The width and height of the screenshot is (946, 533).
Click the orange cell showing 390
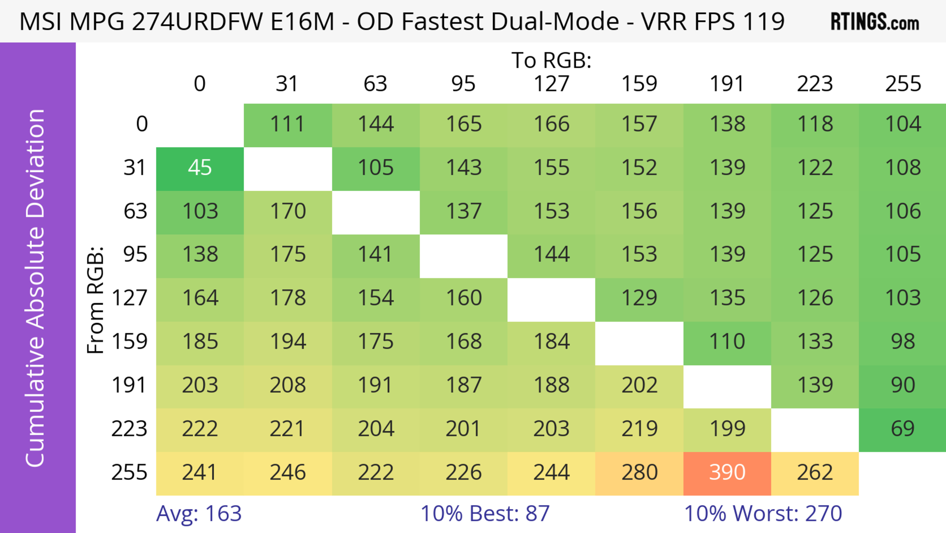727,473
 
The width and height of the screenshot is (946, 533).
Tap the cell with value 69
903,429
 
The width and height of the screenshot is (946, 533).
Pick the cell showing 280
639,473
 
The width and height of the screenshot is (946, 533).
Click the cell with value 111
287,124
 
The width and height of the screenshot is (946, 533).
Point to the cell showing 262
815,473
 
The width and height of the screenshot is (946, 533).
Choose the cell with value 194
287,342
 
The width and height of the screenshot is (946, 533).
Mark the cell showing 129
639,298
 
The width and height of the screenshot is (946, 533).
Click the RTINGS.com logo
875,22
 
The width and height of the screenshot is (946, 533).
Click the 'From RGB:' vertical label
96,300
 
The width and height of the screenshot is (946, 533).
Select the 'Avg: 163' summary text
199,514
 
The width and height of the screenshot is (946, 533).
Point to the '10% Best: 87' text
485,514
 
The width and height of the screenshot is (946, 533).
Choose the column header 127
551,84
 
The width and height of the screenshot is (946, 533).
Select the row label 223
129,429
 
